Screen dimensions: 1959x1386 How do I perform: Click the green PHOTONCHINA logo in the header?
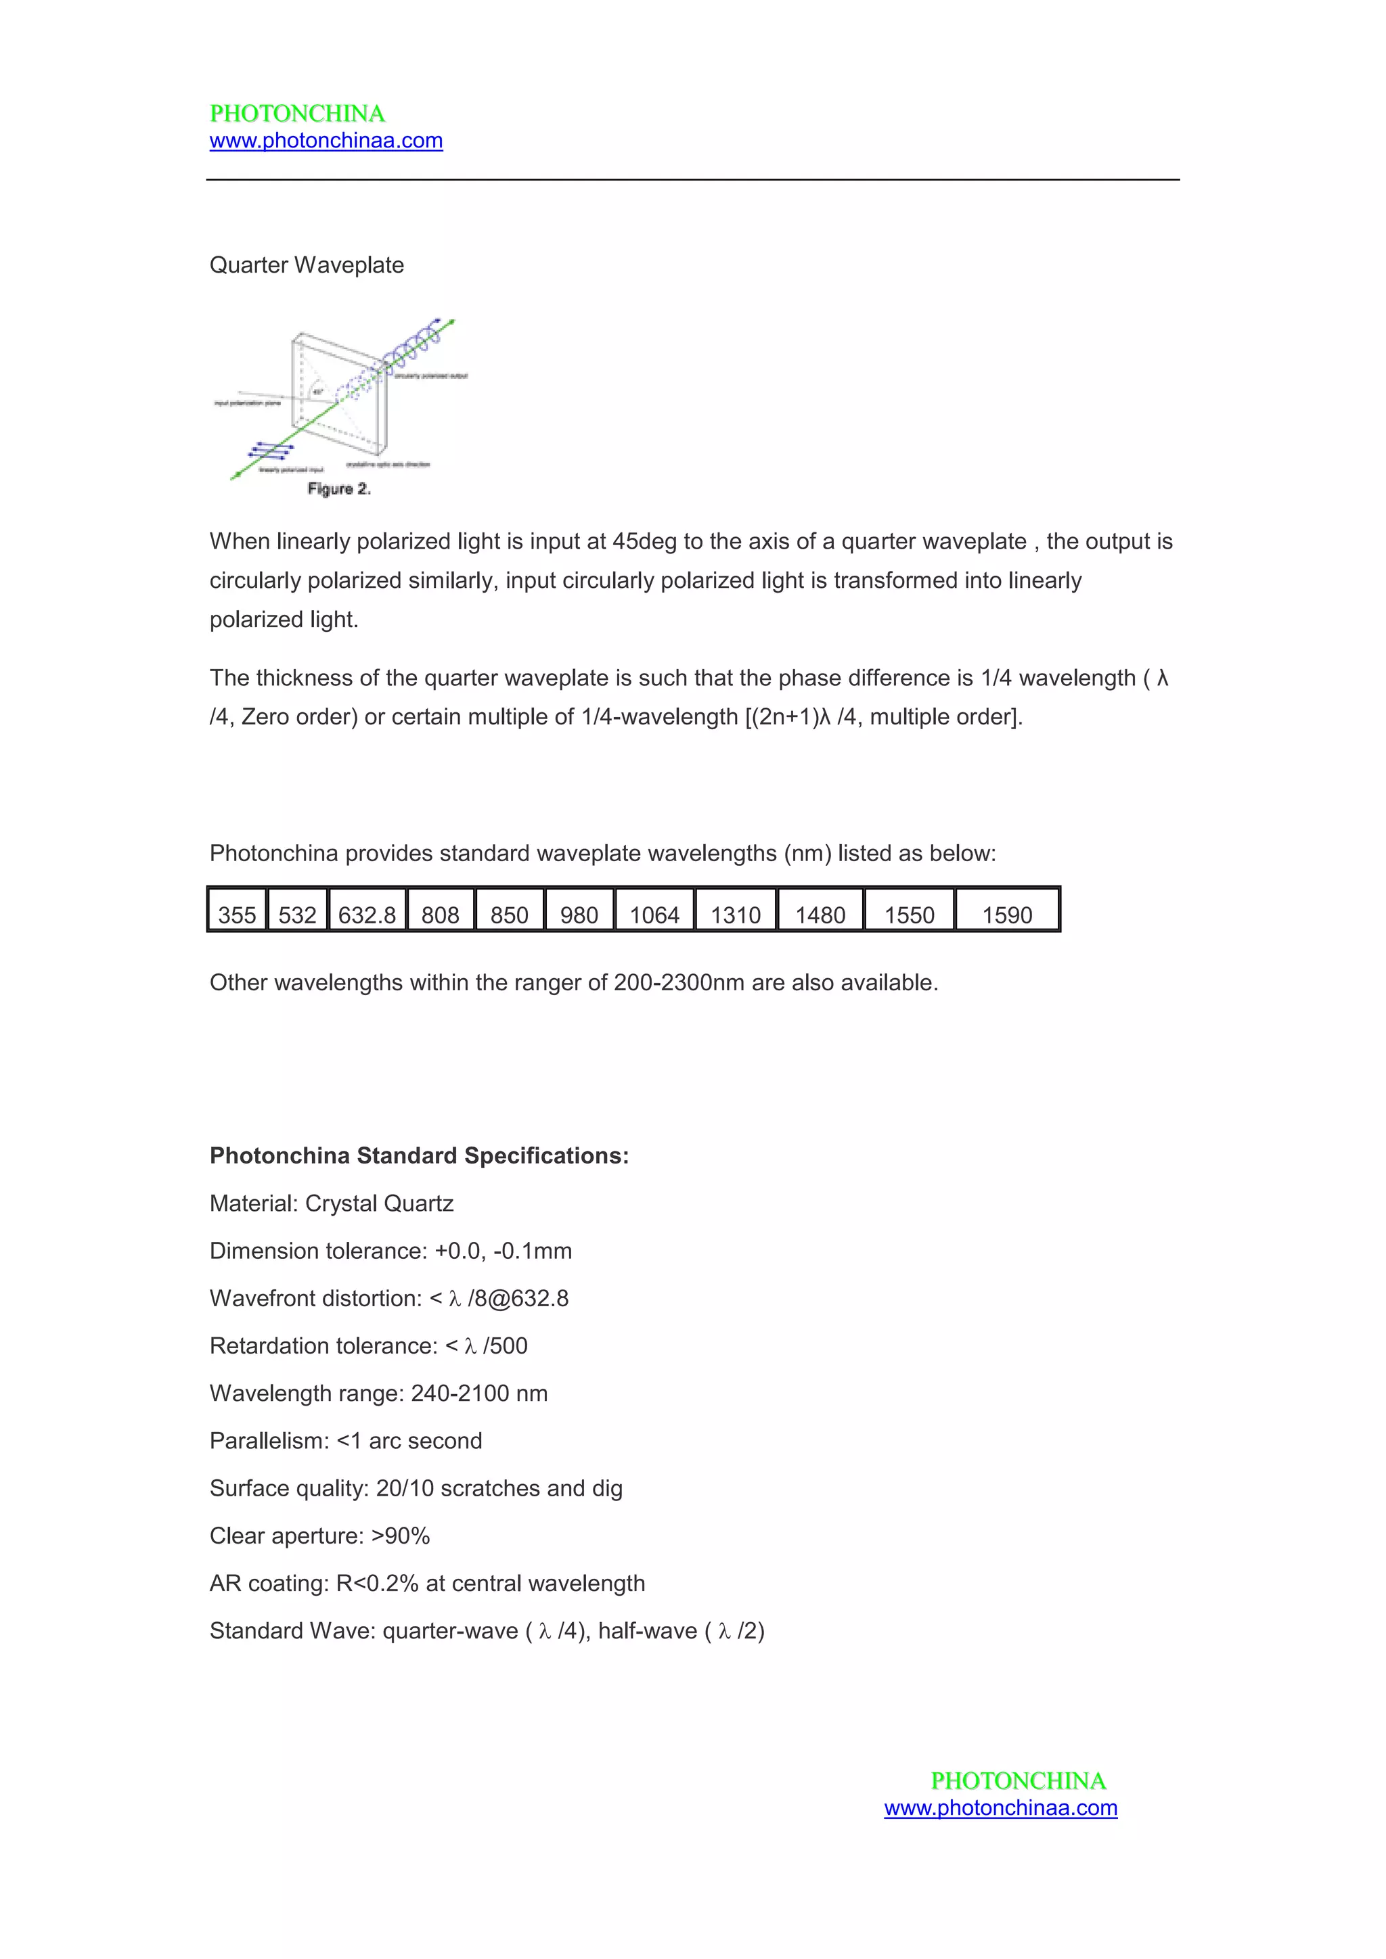[x=297, y=114]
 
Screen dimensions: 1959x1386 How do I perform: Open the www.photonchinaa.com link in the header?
[x=326, y=141]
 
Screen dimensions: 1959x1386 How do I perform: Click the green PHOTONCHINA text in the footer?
[x=1017, y=1780]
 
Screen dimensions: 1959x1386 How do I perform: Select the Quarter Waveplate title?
[x=307, y=265]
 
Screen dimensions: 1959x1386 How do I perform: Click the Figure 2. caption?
[x=339, y=489]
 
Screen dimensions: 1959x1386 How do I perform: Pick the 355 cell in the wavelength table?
[x=238, y=915]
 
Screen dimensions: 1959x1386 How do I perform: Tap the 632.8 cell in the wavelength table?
[x=367, y=915]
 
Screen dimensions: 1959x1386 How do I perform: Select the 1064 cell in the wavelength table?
[x=654, y=915]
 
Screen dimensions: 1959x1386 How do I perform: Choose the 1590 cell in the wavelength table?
[x=1007, y=915]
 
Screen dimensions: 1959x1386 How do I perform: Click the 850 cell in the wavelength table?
[x=510, y=915]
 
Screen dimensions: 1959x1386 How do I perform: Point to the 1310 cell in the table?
[x=736, y=915]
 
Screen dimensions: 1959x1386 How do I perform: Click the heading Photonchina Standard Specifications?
[x=419, y=1155]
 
